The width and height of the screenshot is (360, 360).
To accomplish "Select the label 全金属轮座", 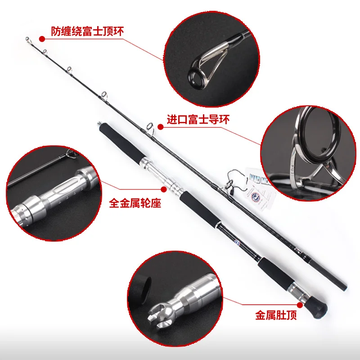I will [x=135, y=203].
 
